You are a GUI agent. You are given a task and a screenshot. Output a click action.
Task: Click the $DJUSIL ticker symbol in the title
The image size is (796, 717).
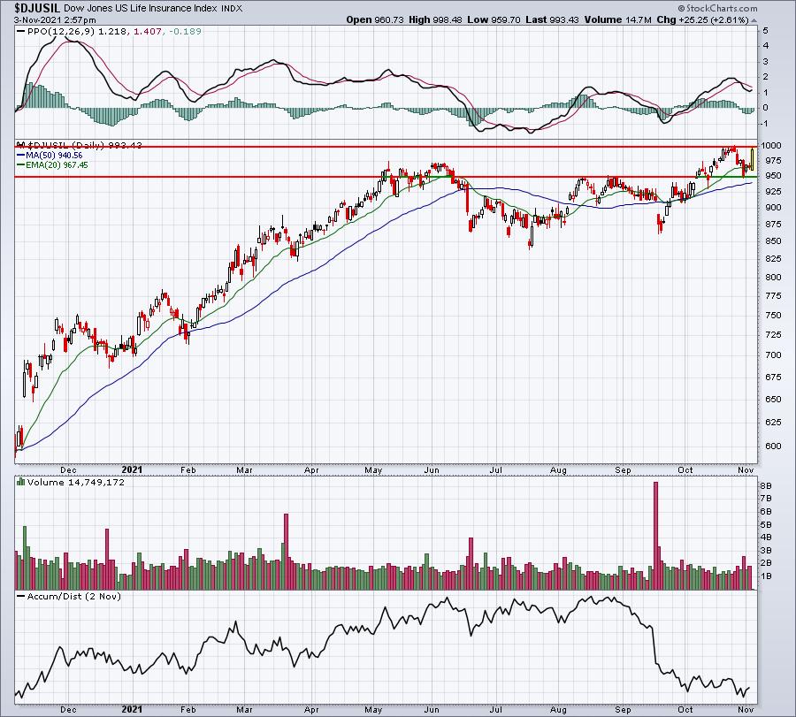(x=37, y=8)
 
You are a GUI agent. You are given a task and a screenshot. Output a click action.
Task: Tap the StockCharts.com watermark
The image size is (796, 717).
(x=718, y=8)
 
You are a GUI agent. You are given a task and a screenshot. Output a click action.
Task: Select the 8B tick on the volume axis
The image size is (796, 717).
(x=766, y=485)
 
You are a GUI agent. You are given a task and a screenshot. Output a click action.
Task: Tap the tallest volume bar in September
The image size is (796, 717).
(x=655, y=536)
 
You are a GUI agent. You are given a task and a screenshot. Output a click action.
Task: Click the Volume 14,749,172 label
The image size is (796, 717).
(x=76, y=482)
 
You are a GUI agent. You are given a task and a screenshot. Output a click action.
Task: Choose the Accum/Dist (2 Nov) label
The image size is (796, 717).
(x=74, y=596)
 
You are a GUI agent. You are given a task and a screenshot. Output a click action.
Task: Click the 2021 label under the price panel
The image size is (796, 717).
(x=132, y=469)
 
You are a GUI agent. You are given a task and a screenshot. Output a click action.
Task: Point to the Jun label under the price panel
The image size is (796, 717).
(x=432, y=469)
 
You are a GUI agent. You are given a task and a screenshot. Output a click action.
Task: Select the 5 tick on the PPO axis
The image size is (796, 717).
(x=766, y=30)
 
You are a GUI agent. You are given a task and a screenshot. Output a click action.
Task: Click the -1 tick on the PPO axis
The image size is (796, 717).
(x=764, y=124)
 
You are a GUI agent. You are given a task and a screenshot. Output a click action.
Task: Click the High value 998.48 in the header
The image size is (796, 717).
(x=448, y=19)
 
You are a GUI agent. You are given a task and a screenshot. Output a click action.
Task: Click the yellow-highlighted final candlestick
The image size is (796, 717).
(x=752, y=158)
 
